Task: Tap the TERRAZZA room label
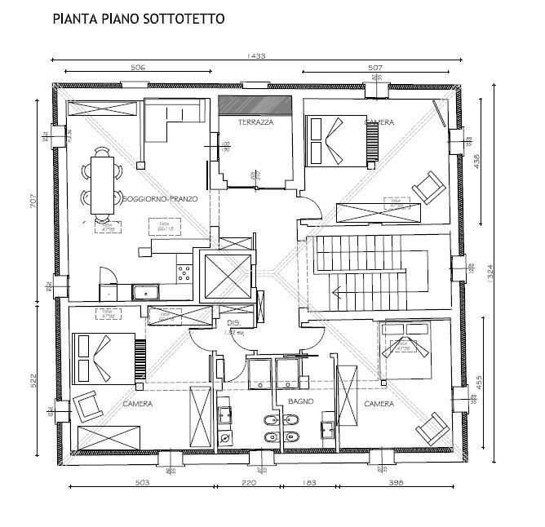pos(255,122)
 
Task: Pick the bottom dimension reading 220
pos(250,484)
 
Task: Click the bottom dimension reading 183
pos(309,484)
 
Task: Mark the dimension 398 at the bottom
pos(397,484)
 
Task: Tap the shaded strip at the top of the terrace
pos(255,105)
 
